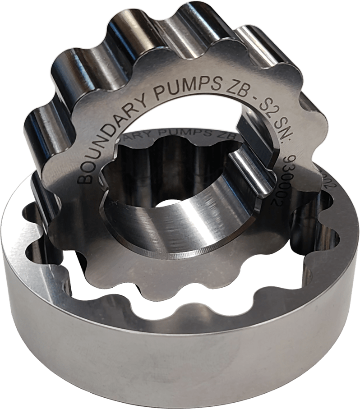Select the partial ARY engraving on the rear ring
point(145,136)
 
